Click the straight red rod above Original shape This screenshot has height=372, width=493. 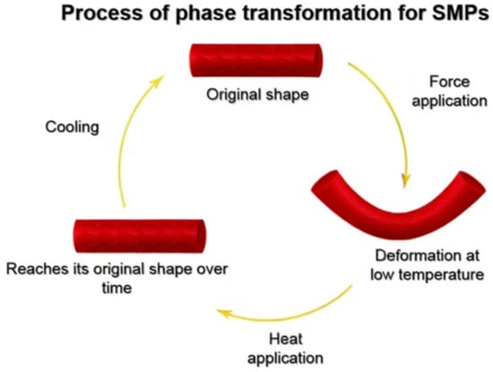pos(256,60)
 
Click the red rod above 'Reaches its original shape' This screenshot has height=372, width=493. pos(140,236)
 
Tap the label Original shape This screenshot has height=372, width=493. pos(257,95)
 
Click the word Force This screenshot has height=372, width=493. pos(450,82)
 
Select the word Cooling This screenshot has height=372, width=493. pos(72,127)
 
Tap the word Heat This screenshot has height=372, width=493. pos(286,339)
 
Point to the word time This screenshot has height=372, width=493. pos(117,288)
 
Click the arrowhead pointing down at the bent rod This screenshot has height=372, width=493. pos(406,180)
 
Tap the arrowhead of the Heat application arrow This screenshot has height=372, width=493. pos(224,313)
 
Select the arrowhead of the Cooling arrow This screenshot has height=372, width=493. pos(157,81)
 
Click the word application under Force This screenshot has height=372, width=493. pos(450,101)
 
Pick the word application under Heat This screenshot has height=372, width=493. pos(285,359)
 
